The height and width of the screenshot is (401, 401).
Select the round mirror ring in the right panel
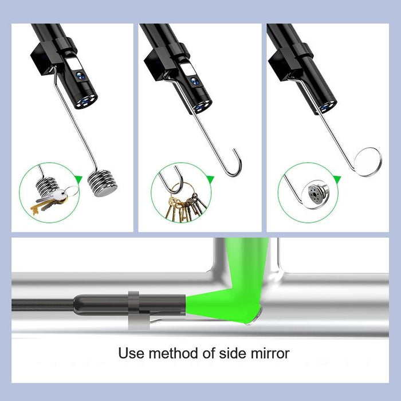coord(367,162)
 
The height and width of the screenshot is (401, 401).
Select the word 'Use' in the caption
coord(129,353)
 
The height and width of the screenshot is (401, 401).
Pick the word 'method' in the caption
coord(169,353)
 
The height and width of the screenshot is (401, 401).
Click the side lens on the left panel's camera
coord(80,72)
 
